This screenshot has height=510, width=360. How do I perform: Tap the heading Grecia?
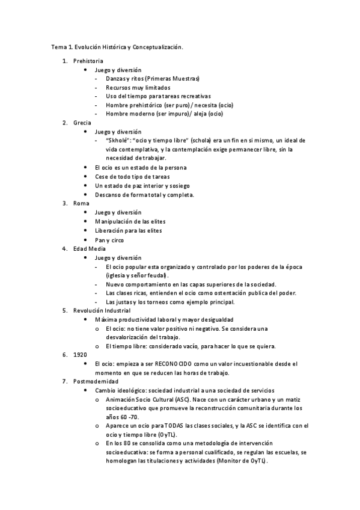click(x=82, y=123)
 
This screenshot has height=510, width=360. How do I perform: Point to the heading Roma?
click(x=81, y=203)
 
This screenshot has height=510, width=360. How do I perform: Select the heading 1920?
click(x=80, y=355)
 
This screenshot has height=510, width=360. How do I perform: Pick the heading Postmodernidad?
click(x=96, y=381)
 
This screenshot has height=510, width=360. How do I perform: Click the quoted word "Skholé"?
click(x=118, y=140)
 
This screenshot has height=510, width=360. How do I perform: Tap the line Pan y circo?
click(x=109, y=239)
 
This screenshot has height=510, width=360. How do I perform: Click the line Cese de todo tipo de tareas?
click(x=132, y=176)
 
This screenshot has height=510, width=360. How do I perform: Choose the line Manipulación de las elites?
click(x=133, y=221)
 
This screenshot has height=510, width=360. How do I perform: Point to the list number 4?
click(x=65, y=248)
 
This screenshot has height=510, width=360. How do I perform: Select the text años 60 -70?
click(x=123, y=417)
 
